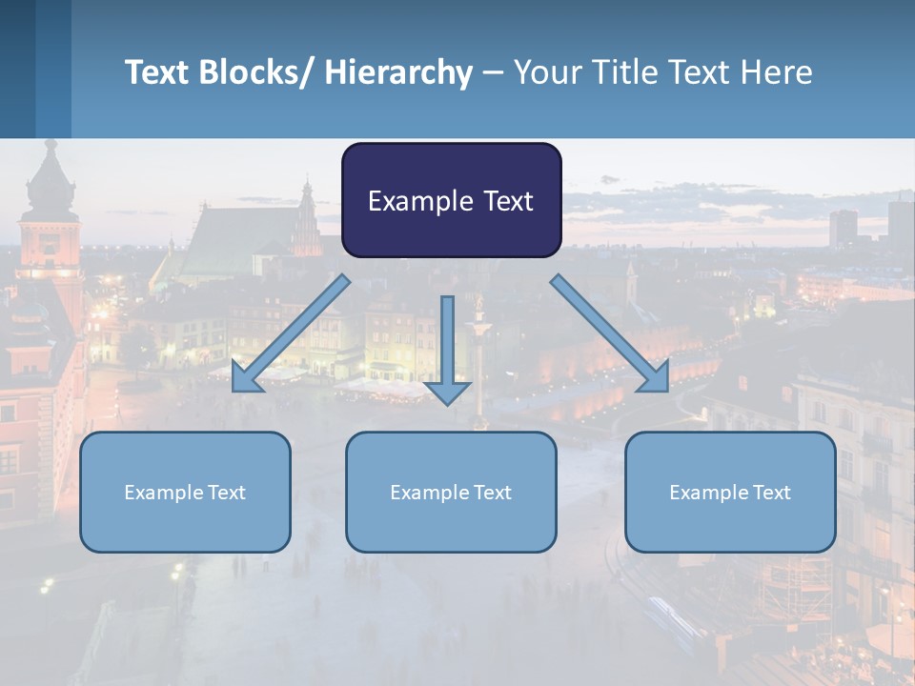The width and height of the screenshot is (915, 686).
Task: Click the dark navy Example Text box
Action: coord(451,200)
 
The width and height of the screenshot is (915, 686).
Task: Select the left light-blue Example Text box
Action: coord(185,492)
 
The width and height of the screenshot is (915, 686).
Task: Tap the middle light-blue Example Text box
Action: coord(451,492)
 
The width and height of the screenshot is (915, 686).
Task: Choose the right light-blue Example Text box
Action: coord(730,492)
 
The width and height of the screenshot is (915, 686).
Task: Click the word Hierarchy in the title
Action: coord(398,72)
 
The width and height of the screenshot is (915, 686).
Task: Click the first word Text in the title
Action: coord(157,72)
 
